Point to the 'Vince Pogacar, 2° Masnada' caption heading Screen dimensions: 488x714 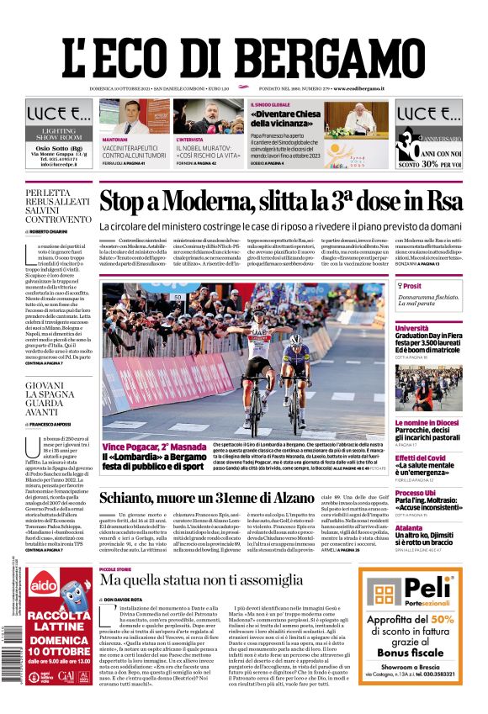(154, 447)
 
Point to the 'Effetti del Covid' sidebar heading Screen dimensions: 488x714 (421, 457)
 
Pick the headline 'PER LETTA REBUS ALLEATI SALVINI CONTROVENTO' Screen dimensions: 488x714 (58, 207)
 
